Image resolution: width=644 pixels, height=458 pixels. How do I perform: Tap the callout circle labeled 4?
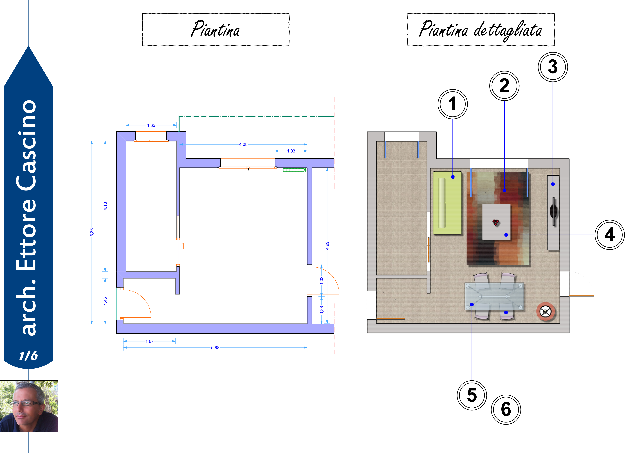(x=610, y=235)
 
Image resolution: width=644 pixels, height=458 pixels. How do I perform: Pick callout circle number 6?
(x=506, y=410)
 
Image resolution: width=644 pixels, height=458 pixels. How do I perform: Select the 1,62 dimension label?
(x=151, y=125)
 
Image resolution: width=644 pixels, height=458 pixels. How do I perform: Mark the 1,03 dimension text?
(x=291, y=151)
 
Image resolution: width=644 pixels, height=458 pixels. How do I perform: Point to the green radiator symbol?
(x=295, y=169)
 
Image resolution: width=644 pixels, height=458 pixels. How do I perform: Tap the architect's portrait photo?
(x=29, y=406)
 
